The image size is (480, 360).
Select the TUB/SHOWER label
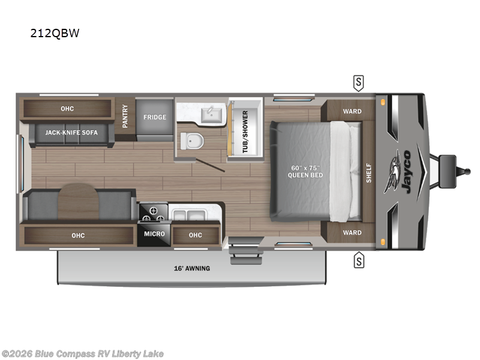click(x=245, y=132)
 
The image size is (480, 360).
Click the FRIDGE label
click(x=154, y=117)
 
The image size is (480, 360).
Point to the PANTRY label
click(x=125, y=117)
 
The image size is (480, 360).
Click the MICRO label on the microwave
click(x=154, y=234)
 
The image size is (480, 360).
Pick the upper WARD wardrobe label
click(x=352, y=111)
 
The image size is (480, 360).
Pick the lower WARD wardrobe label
click(x=352, y=232)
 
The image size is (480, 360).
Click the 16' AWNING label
click(x=193, y=268)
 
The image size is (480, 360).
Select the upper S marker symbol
click(x=359, y=82)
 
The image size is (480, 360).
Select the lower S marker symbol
click(x=359, y=260)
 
